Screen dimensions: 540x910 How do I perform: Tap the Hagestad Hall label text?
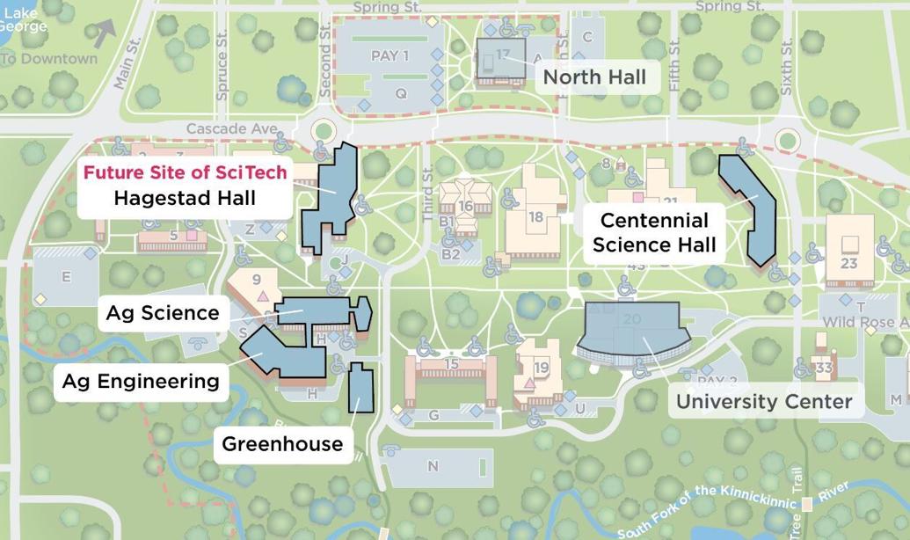click(185, 198)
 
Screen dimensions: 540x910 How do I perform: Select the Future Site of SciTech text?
click(185, 172)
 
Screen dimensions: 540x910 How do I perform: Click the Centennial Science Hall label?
click(653, 232)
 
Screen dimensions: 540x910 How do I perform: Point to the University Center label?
click(763, 402)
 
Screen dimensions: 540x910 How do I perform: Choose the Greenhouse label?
click(282, 443)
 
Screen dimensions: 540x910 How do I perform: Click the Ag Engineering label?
click(141, 381)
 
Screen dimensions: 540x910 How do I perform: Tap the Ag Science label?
click(163, 313)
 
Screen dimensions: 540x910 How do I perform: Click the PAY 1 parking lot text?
click(389, 56)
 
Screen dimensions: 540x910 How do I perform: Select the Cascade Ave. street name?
click(232, 128)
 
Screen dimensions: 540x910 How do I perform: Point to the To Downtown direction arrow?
click(104, 33)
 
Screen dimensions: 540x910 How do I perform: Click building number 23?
click(848, 263)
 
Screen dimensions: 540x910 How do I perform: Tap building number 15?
click(451, 364)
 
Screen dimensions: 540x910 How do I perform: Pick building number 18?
click(535, 217)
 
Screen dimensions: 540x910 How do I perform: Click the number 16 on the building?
click(465, 207)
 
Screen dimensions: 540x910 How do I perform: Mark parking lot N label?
click(432, 466)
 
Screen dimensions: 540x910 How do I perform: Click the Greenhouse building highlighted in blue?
click(360, 388)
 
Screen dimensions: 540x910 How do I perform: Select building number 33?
click(823, 368)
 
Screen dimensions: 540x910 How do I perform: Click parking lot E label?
click(65, 277)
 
